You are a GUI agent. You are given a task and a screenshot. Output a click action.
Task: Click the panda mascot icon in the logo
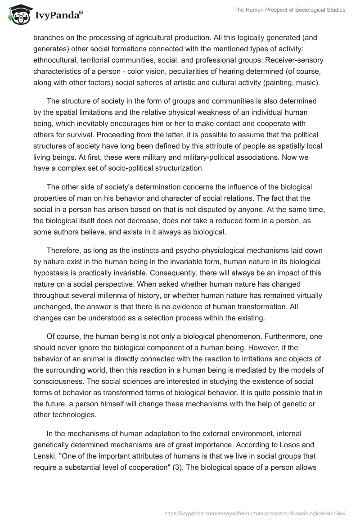click(18, 15)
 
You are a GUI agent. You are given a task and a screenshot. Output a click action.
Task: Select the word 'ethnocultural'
click(55, 60)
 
